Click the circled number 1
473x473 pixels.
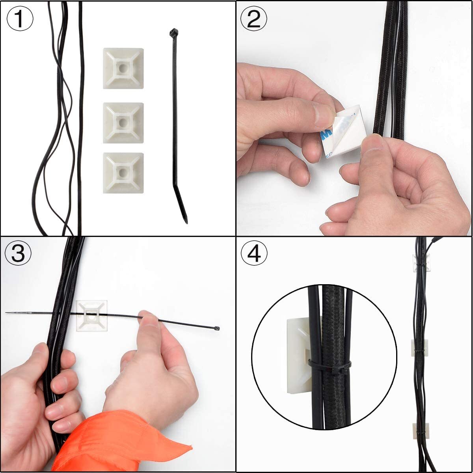[20, 19]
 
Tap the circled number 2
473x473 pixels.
[253, 19]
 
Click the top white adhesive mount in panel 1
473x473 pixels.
[123, 69]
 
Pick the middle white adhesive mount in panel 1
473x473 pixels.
[123, 123]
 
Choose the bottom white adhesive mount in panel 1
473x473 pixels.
[123, 173]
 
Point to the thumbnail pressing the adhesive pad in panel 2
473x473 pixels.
[374, 142]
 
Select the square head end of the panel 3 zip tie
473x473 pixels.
[217, 328]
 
